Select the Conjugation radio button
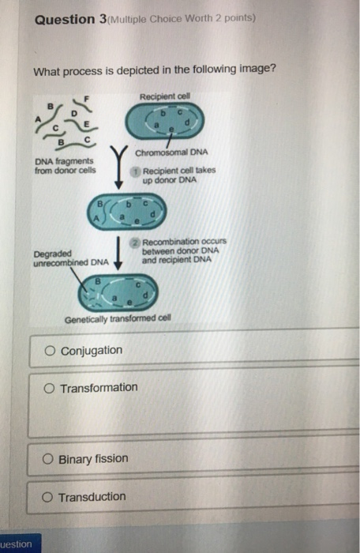(51, 350)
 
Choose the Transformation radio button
(51, 387)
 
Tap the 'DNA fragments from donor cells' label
(60, 166)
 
